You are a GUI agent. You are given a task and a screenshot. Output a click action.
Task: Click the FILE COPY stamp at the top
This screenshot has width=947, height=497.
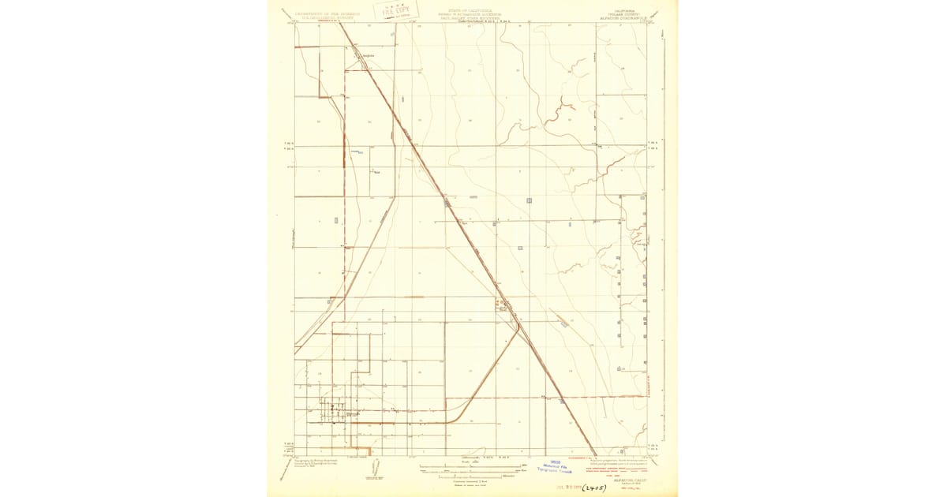[x=398, y=11]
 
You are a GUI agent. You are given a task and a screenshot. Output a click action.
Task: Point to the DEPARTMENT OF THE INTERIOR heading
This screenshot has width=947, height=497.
[x=324, y=13]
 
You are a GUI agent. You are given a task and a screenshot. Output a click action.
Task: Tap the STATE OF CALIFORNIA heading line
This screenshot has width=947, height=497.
[x=463, y=11]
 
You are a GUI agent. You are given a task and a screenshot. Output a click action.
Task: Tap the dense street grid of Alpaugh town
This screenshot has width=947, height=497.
[x=335, y=412]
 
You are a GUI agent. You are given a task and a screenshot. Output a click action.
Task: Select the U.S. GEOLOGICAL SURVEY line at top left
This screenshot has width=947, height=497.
[x=324, y=17]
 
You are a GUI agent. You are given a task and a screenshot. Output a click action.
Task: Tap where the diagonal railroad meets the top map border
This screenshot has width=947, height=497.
[x=340, y=22]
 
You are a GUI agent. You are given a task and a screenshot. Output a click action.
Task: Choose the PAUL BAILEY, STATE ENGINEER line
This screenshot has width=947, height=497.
[x=463, y=19]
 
